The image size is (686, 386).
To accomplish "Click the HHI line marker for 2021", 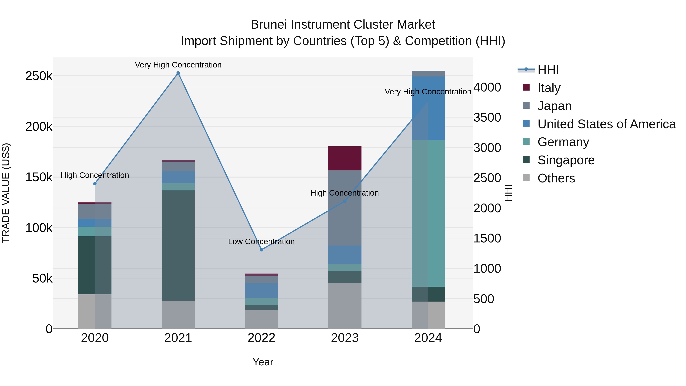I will point(178,73).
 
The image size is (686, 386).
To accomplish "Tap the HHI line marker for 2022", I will point(261,250).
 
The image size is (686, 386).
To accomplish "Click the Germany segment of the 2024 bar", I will point(428,213).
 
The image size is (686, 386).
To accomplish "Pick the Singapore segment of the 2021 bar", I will point(178,245).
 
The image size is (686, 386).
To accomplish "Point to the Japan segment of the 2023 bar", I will point(345,208).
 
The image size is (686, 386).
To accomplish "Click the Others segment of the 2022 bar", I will point(261,319).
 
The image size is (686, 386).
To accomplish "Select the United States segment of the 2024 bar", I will point(428,108).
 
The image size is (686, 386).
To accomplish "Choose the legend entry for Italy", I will point(549,88).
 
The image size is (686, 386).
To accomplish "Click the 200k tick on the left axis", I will point(39,127).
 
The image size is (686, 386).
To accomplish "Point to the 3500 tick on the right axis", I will point(487,117).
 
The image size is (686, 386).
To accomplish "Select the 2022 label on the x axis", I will point(261,338).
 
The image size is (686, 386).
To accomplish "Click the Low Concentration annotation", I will point(261,241).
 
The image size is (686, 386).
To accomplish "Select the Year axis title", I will point(263,362).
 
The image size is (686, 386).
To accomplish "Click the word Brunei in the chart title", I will point(269,25).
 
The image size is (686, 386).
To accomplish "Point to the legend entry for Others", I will point(556,178).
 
